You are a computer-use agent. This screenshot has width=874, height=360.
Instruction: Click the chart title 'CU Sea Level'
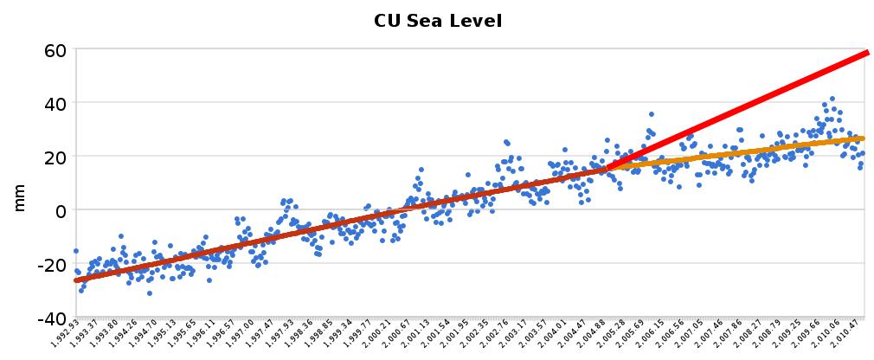pos(437,20)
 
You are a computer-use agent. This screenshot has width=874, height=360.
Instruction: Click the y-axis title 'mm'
pos(20,198)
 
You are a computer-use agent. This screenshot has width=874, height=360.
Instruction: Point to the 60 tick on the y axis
pos(55,49)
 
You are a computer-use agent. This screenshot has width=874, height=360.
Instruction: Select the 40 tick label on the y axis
pos(55,103)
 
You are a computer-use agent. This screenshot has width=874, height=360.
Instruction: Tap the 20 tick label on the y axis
pos(55,157)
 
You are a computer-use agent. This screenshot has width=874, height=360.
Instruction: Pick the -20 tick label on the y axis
pos(51,264)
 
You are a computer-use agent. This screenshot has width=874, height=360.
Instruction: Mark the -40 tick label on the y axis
pos(51,318)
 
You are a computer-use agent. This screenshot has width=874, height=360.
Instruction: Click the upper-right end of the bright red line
pos(866,53)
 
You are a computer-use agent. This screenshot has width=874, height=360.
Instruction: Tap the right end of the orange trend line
pos(863,138)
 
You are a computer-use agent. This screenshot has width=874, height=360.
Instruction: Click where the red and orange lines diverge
pos(611,167)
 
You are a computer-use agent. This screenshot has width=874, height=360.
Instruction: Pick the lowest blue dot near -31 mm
pos(150,293)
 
